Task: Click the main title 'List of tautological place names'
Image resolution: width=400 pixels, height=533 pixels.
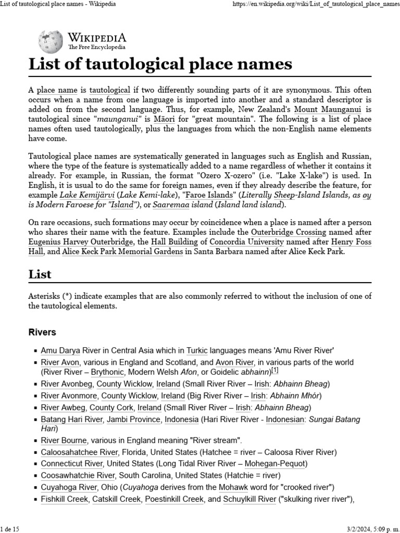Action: [x=160, y=64]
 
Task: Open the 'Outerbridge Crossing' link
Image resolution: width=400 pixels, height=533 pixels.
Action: [x=289, y=232]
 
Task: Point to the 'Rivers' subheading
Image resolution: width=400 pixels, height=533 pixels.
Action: [x=42, y=332]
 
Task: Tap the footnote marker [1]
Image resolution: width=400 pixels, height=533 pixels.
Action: [x=274, y=371]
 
